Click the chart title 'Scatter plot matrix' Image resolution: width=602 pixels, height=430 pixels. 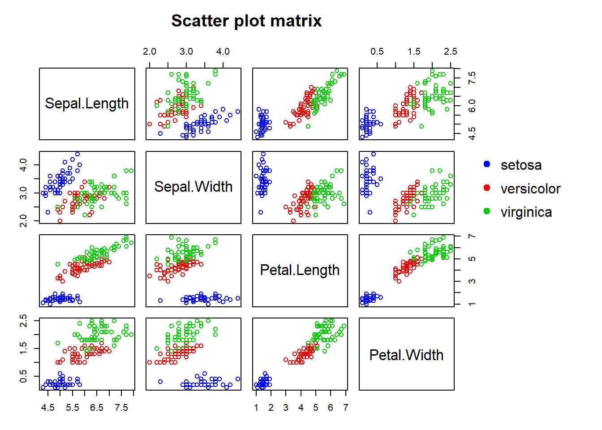[246, 21]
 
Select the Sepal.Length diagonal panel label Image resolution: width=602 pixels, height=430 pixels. [87, 103]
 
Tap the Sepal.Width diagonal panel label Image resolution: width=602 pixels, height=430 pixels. [193, 187]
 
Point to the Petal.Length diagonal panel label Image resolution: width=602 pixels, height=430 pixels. [300, 270]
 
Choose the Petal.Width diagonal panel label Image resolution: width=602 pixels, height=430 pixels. [406, 355]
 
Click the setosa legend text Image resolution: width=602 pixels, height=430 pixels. [521, 165]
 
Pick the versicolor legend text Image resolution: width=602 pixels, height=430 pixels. [530, 189]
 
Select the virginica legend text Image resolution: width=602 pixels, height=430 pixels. [526, 212]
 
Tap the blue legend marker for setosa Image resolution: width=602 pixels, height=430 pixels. [487, 164]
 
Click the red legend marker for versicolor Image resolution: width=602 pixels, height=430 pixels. [487, 188]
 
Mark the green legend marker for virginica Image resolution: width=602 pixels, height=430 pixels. [487, 211]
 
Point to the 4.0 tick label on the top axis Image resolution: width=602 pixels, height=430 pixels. [223, 52]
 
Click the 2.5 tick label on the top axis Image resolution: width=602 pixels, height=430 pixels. [451, 52]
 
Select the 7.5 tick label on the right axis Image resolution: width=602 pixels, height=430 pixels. [472, 78]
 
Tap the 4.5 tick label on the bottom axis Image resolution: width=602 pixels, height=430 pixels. [47, 408]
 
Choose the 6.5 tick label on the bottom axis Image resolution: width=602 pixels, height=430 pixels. [96, 408]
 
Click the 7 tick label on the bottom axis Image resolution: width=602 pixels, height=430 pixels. [345, 408]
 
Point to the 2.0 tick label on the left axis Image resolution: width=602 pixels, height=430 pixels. [23, 220]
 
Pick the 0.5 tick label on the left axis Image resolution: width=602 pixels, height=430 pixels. [23, 376]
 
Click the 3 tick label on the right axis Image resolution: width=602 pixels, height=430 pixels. [472, 281]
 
